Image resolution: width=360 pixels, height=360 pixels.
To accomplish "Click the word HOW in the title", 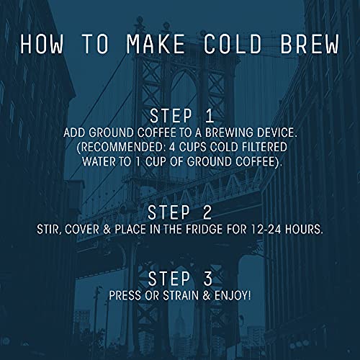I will (x=45, y=43).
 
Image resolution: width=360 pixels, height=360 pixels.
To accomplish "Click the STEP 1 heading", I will (x=180, y=117).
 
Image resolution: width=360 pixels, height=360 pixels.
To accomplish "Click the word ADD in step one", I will (x=75, y=134).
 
